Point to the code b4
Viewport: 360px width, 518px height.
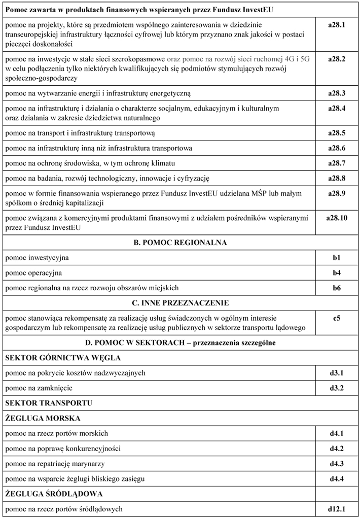[x=336, y=273]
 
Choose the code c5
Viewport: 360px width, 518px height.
[x=336, y=319]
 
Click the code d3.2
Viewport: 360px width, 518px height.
[x=336, y=388]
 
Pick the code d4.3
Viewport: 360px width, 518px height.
[x=336, y=464]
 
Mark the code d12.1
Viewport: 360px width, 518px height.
[x=336, y=509]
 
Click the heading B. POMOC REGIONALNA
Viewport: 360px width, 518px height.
[x=180, y=243]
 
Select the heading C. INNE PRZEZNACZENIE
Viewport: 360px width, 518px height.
[x=180, y=303]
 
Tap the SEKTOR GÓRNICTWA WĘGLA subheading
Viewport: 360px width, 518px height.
[x=63, y=358]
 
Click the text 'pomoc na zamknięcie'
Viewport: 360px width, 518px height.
[x=39, y=388]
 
